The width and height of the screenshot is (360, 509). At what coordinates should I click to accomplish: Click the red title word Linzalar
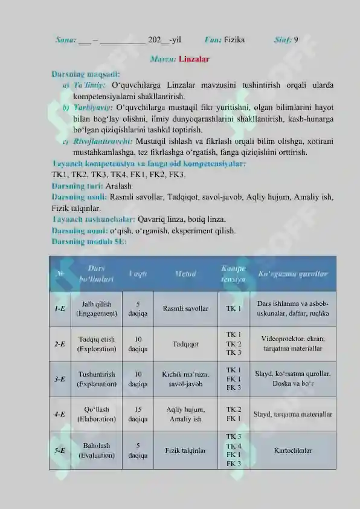(x=194, y=60)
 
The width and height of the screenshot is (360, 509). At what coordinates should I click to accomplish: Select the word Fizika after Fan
(x=234, y=41)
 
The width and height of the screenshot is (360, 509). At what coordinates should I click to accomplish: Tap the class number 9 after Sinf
(x=295, y=41)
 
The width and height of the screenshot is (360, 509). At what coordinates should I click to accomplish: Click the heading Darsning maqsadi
(x=87, y=74)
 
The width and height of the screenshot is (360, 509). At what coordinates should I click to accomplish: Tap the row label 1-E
(x=60, y=308)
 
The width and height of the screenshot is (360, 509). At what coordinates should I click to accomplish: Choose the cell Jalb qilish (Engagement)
(x=97, y=308)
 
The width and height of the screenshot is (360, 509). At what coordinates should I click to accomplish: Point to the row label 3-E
(x=60, y=379)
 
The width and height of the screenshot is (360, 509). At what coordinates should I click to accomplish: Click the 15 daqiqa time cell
(x=138, y=414)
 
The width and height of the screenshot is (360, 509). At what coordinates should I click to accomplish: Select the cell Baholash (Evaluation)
(x=97, y=450)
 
